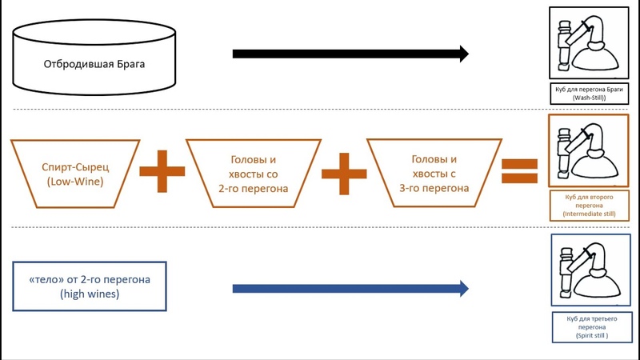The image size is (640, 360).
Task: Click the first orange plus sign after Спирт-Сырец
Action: [162, 170]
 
